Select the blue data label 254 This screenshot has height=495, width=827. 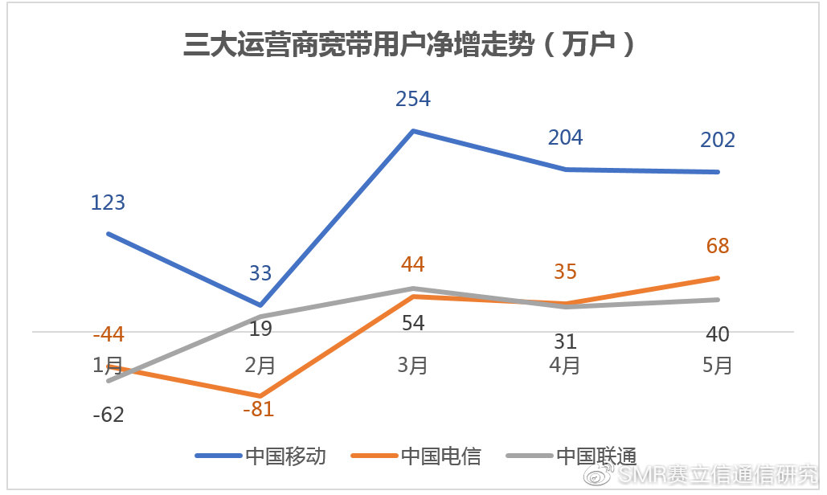point(413,99)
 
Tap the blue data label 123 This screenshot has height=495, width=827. point(108,202)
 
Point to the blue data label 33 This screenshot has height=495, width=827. point(260,273)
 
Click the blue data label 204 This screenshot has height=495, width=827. point(565,137)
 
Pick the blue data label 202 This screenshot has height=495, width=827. point(718,140)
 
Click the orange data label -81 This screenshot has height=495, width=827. point(258,409)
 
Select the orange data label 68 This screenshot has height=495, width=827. point(718,246)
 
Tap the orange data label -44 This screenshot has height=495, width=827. point(108,335)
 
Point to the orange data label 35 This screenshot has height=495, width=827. point(565,272)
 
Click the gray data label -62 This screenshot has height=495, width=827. point(108,415)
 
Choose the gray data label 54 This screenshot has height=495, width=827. point(413,323)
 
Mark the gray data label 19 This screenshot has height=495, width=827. point(260,328)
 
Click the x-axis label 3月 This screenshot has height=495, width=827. point(413,366)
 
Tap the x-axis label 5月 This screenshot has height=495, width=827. point(718,366)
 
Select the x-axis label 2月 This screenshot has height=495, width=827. point(260,366)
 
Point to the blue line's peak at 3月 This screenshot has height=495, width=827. point(413,130)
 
